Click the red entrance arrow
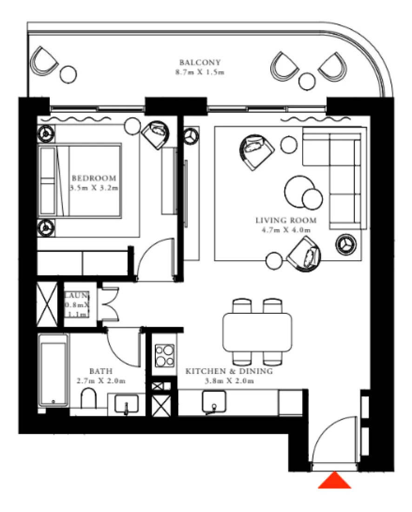click(334, 481)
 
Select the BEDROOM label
click(93, 179)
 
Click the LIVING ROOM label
click(286, 221)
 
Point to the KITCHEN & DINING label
click(229, 371)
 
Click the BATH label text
click(100, 371)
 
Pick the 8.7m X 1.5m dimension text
click(199, 72)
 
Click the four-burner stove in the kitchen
click(164, 356)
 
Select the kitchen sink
click(214, 401)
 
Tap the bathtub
click(53, 372)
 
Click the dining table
click(257, 332)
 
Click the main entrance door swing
click(334, 441)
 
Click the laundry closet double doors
click(110, 304)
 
